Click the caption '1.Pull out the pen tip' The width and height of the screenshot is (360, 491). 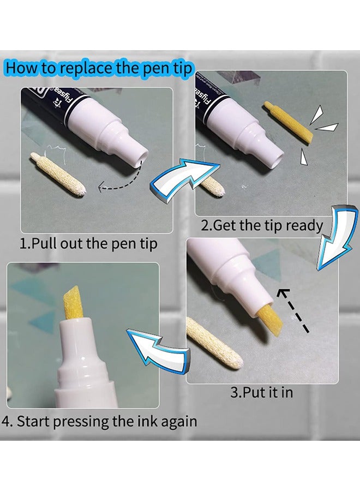88,243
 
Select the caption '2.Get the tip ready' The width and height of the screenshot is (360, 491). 262,225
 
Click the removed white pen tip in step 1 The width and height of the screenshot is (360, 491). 58,174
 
